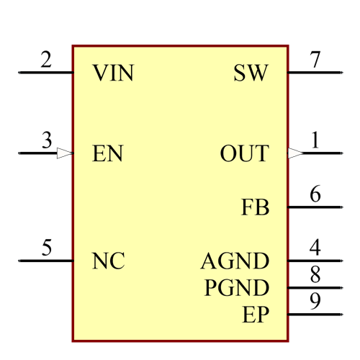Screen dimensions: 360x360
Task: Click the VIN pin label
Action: (x=113, y=73)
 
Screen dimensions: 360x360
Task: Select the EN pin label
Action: (x=108, y=154)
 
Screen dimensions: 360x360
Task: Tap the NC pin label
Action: (x=109, y=261)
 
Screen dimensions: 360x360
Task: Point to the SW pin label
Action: (x=251, y=73)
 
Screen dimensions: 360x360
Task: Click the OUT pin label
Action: (x=244, y=154)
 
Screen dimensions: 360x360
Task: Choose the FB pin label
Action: (x=255, y=208)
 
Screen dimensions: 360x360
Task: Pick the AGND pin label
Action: (x=235, y=261)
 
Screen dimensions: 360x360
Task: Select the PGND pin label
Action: (x=237, y=288)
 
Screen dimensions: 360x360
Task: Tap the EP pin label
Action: (x=256, y=315)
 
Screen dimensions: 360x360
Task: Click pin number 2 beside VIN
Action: (x=47, y=60)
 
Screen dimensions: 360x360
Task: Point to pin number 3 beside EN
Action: (x=47, y=140)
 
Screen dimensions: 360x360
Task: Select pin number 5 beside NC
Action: (x=47, y=248)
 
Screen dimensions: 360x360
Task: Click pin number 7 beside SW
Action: (x=315, y=60)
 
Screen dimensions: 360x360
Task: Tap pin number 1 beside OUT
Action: (x=315, y=140)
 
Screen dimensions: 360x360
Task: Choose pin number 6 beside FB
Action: (x=315, y=194)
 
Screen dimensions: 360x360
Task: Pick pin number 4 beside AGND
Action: (x=315, y=248)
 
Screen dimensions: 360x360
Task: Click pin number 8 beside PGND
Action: (x=315, y=274)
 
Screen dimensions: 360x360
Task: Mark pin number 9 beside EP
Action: (x=315, y=301)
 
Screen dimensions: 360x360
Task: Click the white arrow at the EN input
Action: (x=65, y=153)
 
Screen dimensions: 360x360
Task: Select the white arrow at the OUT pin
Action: (x=295, y=153)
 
